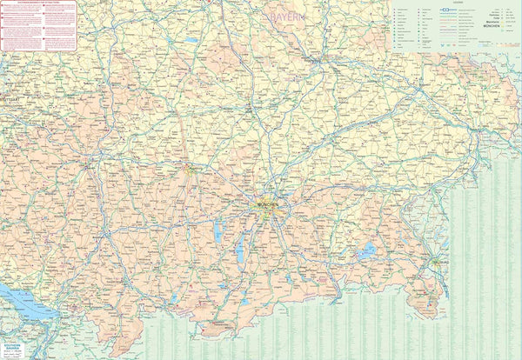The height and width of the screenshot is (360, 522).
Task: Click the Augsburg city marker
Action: [x=188, y=168]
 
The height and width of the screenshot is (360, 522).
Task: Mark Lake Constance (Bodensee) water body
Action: [x=22, y=299]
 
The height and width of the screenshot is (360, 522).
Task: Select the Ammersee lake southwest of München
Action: [x=217, y=230]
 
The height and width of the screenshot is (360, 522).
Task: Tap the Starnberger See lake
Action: [x=240, y=251]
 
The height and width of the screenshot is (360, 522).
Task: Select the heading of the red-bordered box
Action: [x=38, y=3]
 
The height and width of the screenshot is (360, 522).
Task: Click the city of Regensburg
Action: [x=318, y=62]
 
